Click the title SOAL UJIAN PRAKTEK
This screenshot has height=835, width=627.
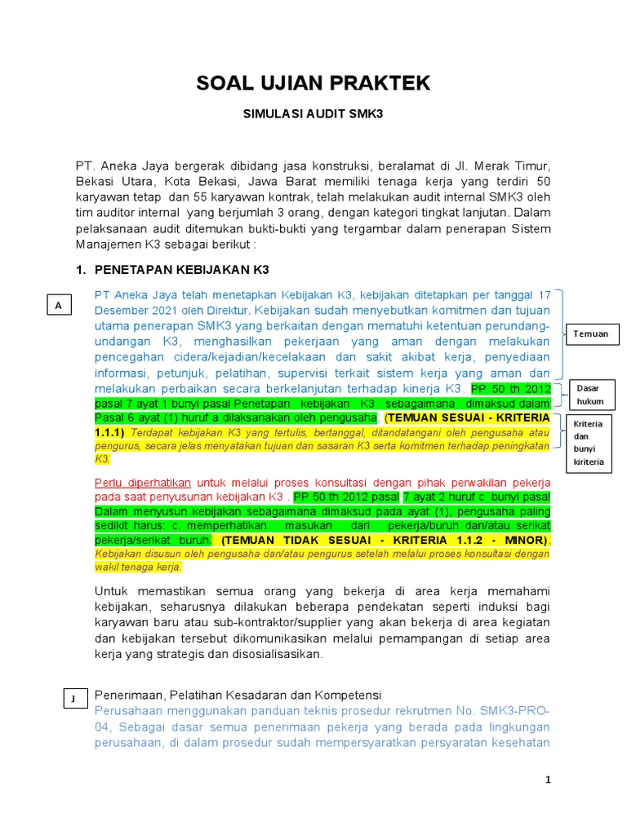point(313,82)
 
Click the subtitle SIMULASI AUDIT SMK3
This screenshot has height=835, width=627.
point(313,116)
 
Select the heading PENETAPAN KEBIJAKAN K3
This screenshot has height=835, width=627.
point(182,270)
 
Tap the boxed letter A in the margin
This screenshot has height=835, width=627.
point(58,306)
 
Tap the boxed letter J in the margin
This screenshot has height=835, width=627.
point(73,698)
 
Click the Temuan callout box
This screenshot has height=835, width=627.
point(590,334)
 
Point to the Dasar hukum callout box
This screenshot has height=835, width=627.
point(589,395)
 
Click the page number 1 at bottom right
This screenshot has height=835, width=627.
point(548,780)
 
